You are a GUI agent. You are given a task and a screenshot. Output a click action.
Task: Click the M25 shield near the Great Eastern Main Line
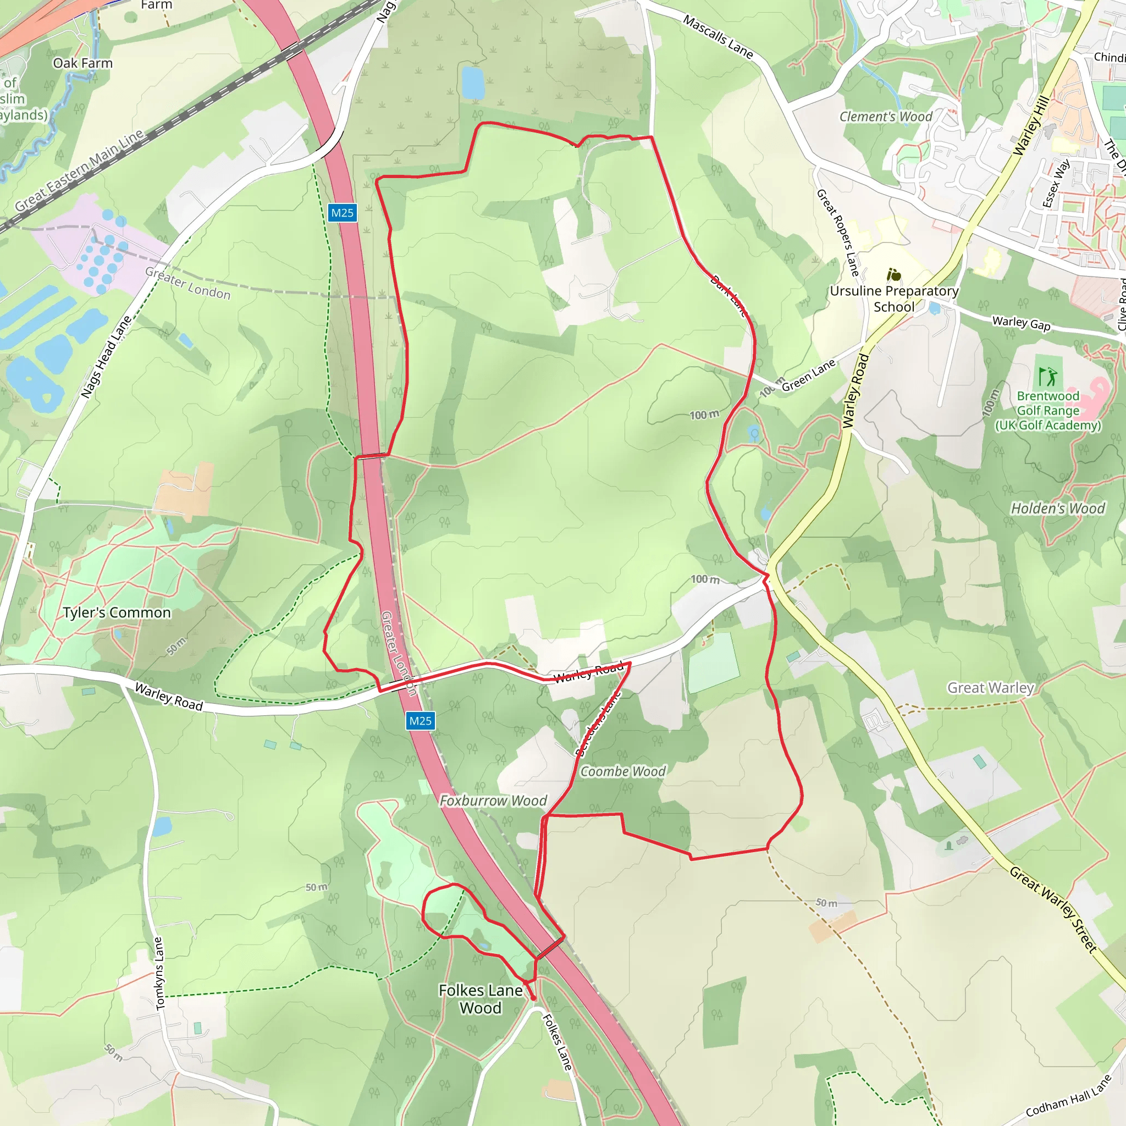342,213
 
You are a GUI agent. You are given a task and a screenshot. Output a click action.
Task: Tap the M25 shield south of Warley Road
420,721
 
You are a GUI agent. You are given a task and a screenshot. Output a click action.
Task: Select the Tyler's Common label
117,612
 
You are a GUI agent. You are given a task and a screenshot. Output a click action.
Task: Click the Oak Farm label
83,63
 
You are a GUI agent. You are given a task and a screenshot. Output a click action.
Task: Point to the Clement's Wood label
885,117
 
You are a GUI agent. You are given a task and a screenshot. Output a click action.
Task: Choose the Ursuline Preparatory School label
894,299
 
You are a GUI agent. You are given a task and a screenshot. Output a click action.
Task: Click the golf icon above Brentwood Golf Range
1048,377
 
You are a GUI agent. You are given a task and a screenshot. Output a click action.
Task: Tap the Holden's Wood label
1057,508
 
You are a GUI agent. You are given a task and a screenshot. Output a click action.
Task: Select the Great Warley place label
990,688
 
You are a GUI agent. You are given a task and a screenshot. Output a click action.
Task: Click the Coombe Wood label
622,771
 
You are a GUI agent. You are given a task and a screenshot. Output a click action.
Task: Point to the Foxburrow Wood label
493,801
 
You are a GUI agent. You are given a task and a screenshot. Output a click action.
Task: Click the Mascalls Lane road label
718,37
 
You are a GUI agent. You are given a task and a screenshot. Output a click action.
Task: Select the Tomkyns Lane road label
159,973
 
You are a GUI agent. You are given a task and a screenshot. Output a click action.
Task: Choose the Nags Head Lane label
106,357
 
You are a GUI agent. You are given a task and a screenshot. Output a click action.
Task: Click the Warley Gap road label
1021,323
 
